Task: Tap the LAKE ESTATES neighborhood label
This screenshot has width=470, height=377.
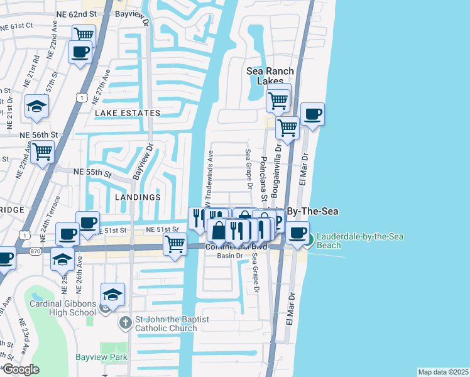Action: (x=128, y=113)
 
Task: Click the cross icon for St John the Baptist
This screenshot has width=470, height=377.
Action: (x=126, y=323)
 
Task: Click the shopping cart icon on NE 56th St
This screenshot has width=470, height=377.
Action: (x=42, y=151)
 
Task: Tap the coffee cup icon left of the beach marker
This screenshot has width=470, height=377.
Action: (x=297, y=232)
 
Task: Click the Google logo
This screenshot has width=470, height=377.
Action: (x=21, y=369)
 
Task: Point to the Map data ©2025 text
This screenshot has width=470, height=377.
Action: (x=443, y=372)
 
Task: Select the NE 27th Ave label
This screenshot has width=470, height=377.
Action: (x=101, y=87)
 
